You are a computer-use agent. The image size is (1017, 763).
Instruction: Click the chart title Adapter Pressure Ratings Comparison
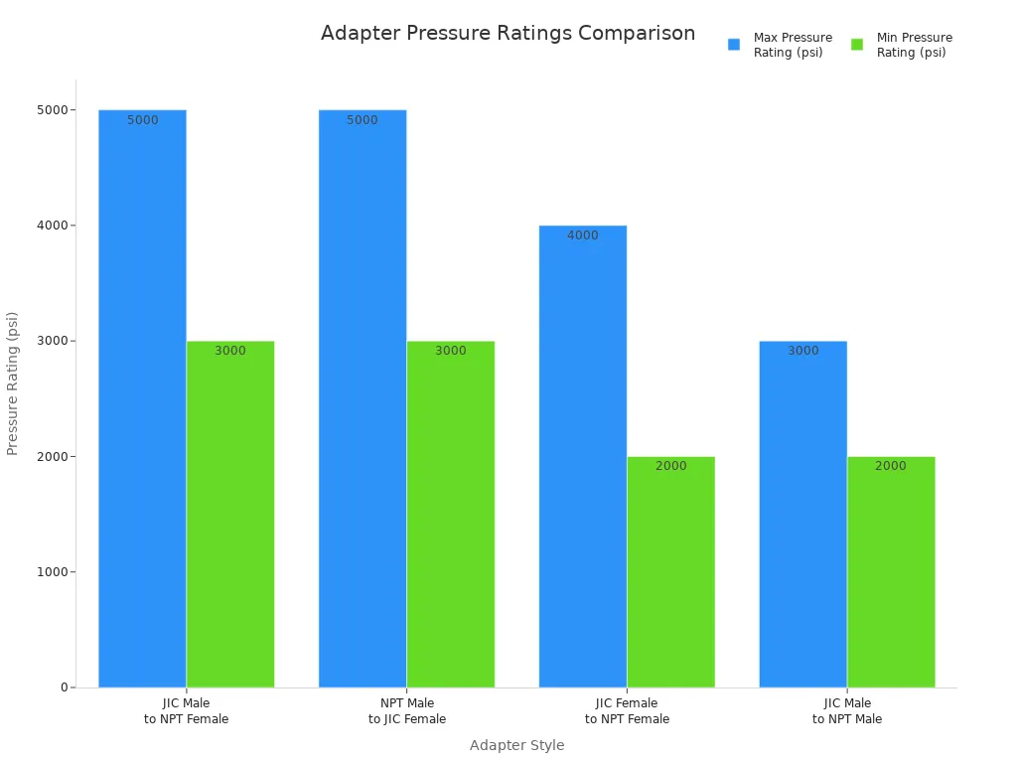[x=508, y=33]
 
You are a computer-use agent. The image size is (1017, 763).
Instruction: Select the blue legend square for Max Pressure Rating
[x=734, y=45]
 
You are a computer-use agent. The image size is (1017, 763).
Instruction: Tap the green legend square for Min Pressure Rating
[x=857, y=45]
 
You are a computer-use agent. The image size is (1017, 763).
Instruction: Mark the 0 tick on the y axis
[x=64, y=687]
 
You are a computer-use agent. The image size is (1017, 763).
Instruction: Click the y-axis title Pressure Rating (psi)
[x=13, y=383]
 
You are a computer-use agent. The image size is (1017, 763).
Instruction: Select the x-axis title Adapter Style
[x=516, y=745]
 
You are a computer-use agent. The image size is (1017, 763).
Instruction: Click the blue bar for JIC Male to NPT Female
[x=142, y=397]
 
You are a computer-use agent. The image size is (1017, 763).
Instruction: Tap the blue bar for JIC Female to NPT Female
[x=583, y=456]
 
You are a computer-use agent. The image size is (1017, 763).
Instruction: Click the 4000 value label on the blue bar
[x=583, y=235]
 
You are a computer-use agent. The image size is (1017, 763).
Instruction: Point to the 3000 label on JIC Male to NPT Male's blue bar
[x=803, y=351]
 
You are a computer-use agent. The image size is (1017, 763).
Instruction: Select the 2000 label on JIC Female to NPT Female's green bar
[x=670, y=466]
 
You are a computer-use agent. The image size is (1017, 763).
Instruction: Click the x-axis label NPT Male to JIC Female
[x=407, y=711]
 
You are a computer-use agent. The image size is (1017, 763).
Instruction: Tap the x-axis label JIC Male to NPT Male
[x=847, y=711]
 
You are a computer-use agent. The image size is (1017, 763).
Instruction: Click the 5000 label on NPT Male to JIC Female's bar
[x=363, y=120]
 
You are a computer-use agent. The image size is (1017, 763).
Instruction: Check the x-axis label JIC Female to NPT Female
[x=627, y=711]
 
